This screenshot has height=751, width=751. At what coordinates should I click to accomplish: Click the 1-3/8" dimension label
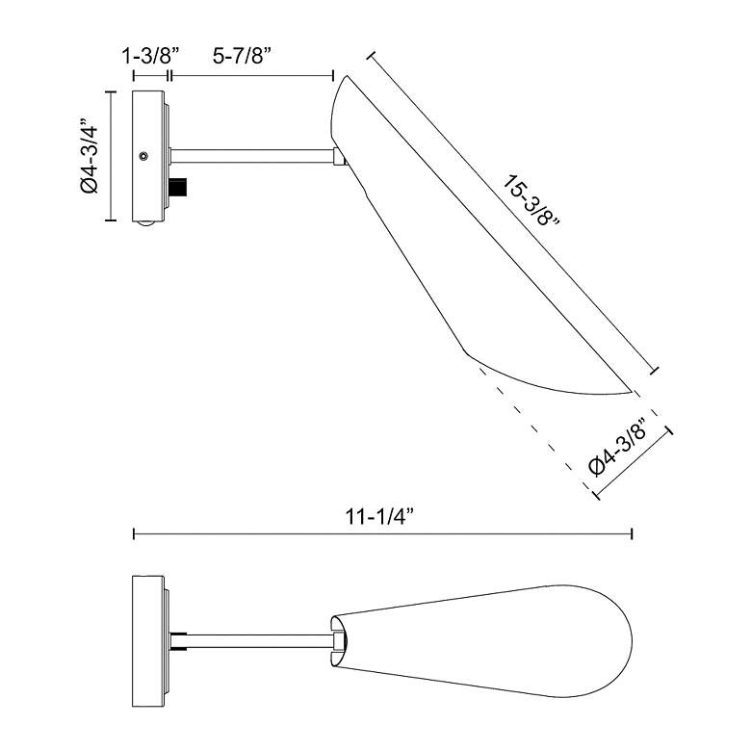coord(151,57)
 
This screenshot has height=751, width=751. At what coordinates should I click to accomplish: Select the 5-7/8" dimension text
coord(243,57)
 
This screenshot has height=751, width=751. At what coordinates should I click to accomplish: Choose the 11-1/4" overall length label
coord(379,517)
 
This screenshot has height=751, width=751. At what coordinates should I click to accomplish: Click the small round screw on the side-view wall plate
coord(142,156)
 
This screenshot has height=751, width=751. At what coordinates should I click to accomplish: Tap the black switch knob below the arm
coord(179,187)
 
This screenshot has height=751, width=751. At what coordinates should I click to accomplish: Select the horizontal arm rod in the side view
coord(252,156)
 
